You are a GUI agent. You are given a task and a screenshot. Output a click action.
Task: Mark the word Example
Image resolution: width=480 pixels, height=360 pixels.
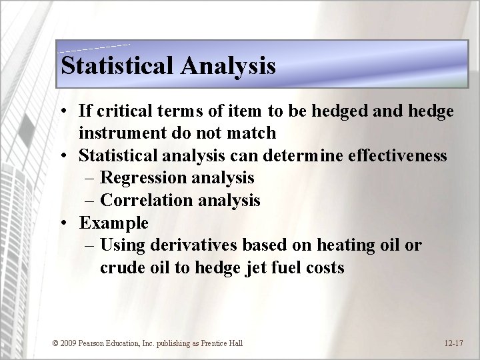pyautogui.click(x=113, y=221)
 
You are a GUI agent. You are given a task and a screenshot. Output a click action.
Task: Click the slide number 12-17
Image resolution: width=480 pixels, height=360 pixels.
pyautogui.click(x=454, y=343)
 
